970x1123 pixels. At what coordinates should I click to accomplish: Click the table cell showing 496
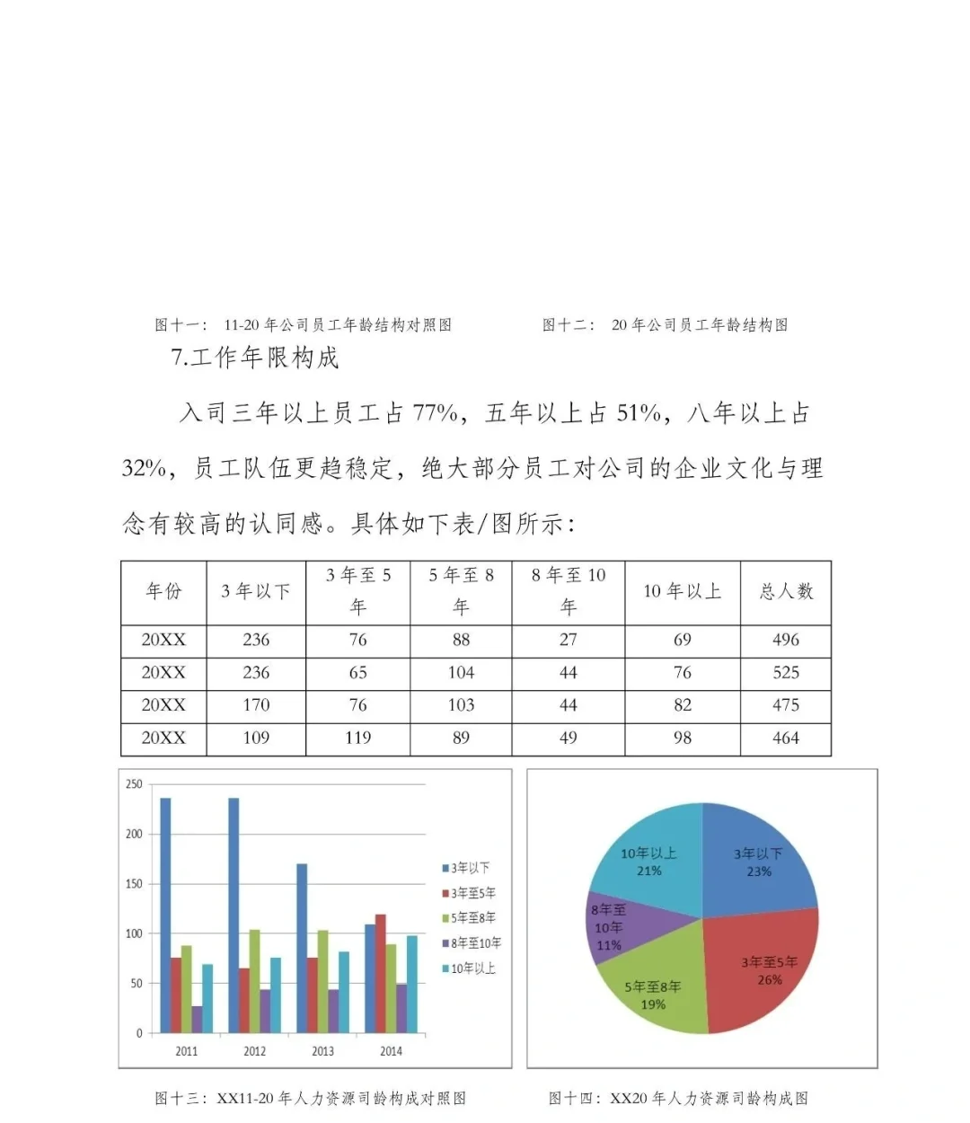tap(786, 640)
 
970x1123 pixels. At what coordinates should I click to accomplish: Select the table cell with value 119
tap(357, 738)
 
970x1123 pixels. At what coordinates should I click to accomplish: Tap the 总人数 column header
tap(786, 591)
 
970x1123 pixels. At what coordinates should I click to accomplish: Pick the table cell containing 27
tap(568, 640)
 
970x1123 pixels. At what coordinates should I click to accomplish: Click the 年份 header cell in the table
tap(163, 591)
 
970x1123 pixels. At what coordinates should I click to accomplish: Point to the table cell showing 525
tap(786, 672)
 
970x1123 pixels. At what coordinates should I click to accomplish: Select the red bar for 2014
tap(381, 974)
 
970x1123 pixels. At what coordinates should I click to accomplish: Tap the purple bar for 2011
tap(197, 1020)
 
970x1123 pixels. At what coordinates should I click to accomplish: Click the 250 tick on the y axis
tap(134, 784)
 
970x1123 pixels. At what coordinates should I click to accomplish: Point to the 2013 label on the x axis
tap(322, 1051)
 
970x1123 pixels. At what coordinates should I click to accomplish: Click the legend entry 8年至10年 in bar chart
tap(472, 943)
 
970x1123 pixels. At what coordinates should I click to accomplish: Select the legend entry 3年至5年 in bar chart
tap(470, 893)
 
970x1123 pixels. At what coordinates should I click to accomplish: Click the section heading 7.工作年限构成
tap(255, 358)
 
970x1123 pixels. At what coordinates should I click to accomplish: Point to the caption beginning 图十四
tap(678, 1098)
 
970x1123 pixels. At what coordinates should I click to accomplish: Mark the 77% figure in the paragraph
tap(435, 413)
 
